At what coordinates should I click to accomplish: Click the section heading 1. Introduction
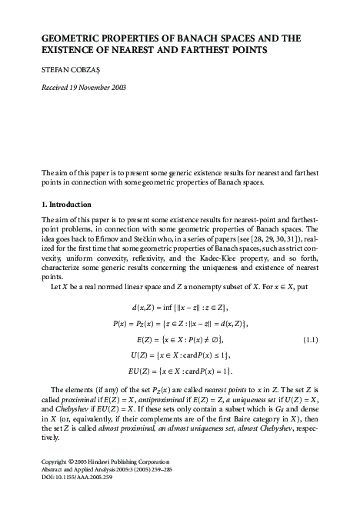tap(65, 205)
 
